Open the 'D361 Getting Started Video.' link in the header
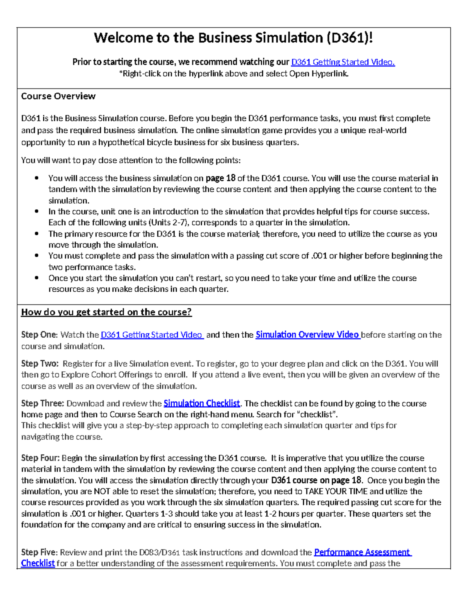[343, 62]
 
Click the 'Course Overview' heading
[58, 96]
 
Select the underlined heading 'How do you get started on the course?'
[106, 312]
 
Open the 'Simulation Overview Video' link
[307, 335]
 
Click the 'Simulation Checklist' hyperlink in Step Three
[201, 403]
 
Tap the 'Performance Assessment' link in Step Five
[362, 552]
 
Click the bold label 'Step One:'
[39, 335]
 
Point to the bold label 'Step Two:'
[40, 364]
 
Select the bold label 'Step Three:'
[43, 403]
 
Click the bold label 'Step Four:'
[40, 458]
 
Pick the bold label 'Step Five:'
[39, 552]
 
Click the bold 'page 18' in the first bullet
[220, 178]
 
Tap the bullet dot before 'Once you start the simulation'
[37, 278]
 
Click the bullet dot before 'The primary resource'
[37, 233]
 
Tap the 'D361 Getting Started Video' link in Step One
[152, 335]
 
